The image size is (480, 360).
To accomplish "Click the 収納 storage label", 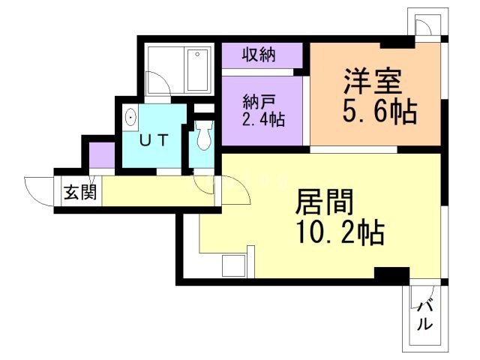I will pos(259,54).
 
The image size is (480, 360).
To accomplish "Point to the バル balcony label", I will pos(425,315).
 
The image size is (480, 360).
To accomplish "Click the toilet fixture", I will pos(202,137).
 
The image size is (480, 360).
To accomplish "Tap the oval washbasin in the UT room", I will pos(131,118).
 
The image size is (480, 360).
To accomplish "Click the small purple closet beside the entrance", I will pos(100,154).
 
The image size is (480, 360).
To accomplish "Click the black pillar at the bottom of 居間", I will pos(391,274).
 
